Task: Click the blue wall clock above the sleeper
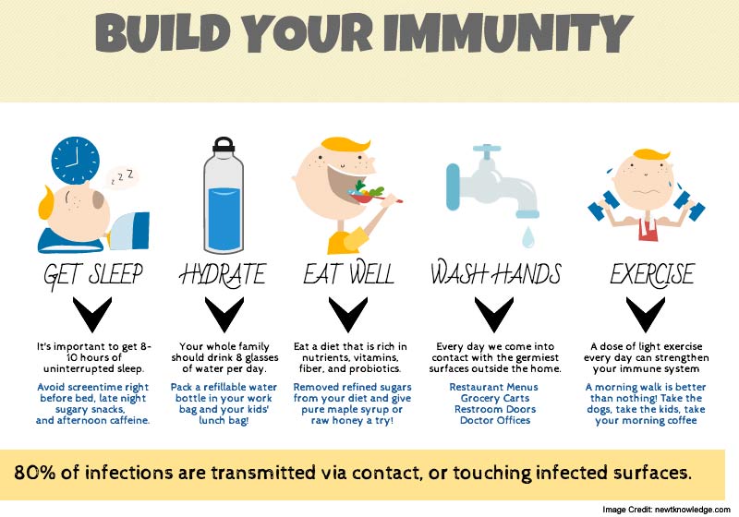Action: [76, 161]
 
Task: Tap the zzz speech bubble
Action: [123, 177]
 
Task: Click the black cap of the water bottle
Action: [224, 145]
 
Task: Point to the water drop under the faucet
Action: [527, 237]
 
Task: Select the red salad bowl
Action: [363, 197]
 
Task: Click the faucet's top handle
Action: [487, 150]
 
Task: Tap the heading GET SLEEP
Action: [93, 274]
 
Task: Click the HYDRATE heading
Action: [224, 274]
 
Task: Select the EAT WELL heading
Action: [348, 273]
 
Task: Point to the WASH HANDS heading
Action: [496, 272]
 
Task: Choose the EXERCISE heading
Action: [652, 273]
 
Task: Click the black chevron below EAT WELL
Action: [348, 314]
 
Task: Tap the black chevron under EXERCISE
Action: [645, 314]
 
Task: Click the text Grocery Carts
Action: [495, 398]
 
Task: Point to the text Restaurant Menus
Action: [493, 387]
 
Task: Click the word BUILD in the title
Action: [163, 33]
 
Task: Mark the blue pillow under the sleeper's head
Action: [70, 240]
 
